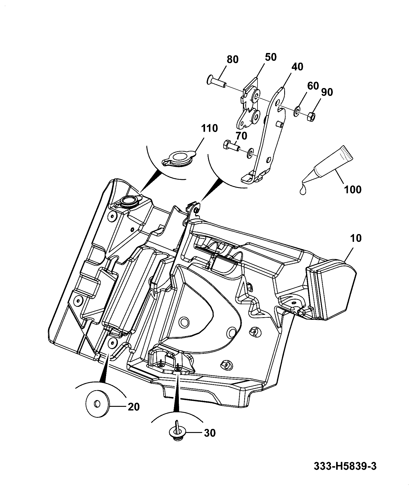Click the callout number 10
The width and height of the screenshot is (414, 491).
pos(355,238)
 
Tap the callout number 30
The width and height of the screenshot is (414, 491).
pos(209,433)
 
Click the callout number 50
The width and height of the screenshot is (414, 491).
pos(270,57)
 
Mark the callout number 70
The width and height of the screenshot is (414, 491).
pos(241,136)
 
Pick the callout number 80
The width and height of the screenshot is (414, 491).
pos(232,59)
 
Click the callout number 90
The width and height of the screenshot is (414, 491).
pos(327,92)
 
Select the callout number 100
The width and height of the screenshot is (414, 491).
pos(352,190)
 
